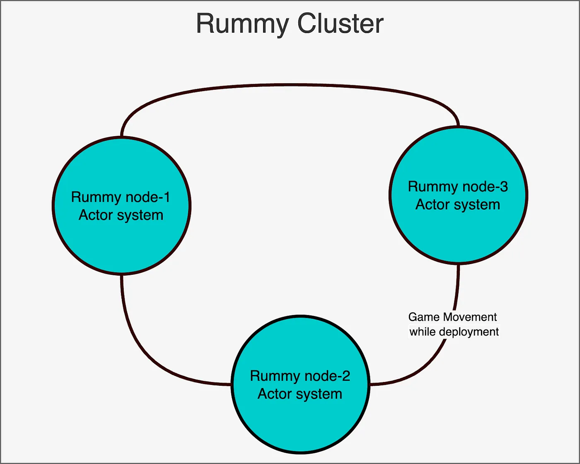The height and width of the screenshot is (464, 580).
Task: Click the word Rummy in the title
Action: (242, 24)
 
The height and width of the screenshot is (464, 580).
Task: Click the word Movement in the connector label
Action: (470, 317)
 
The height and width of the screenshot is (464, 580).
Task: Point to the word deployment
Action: (469, 332)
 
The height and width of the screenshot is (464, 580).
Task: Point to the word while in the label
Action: (423, 332)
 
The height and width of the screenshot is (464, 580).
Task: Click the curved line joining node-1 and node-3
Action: (290, 85)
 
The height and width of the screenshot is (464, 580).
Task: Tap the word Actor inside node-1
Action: (96, 215)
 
